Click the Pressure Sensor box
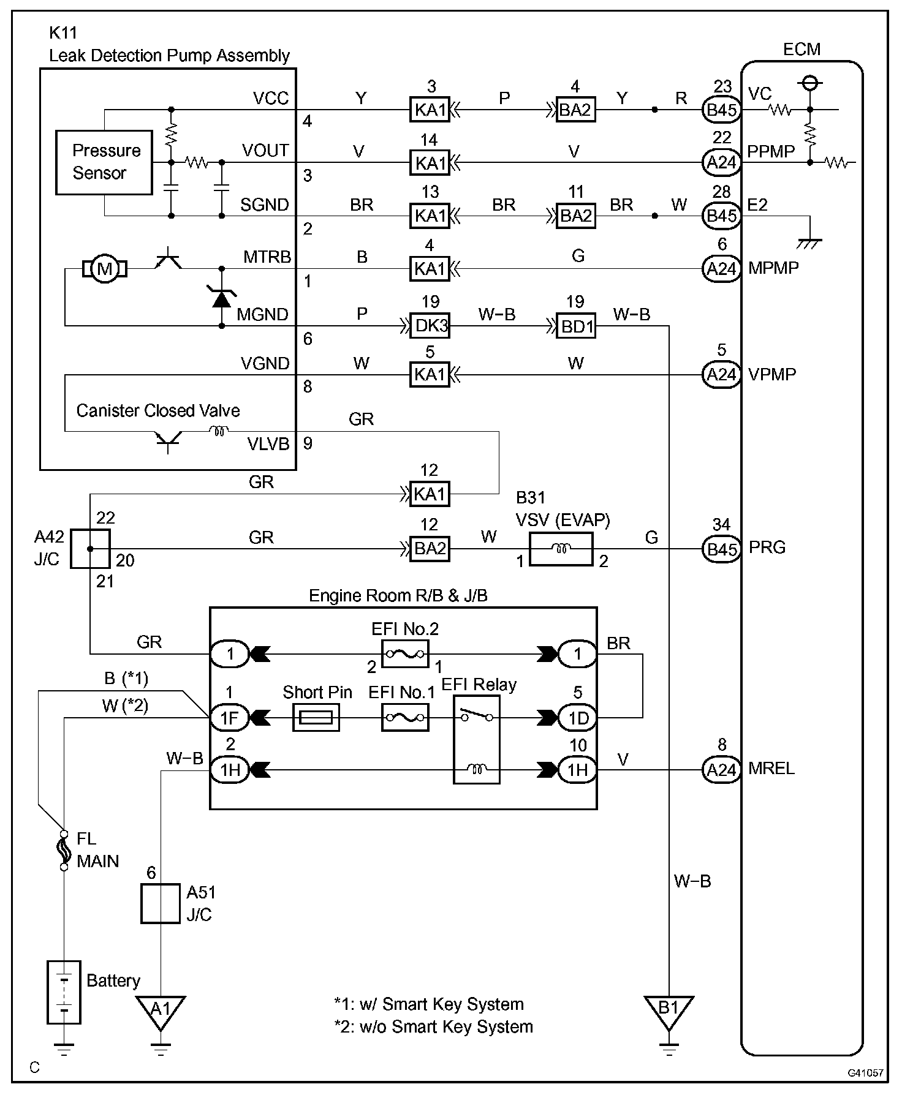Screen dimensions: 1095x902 [x=104, y=162]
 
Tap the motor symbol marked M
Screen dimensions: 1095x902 [x=105, y=269]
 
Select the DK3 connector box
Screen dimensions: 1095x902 [x=430, y=326]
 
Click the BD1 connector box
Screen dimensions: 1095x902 [x=575, y=326]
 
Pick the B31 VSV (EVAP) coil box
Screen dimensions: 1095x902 [x=560, y=549]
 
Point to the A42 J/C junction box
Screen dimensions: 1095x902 [x=90, y=549]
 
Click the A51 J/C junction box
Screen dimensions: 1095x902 [x=160, y=903]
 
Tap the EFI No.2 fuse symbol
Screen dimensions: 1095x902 [x=405, y=654]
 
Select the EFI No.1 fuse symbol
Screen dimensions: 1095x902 [x=405, y=717]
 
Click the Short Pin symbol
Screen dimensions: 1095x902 [x=316, y=717]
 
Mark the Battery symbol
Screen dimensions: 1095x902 [x=64, y=992]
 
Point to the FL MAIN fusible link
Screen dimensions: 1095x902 [x=64, y=850]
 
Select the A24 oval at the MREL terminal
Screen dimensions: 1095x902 [x=721, y=770]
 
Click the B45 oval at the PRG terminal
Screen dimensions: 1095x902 [x=721, y=549]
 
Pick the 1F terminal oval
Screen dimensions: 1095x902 [x=230, y=717]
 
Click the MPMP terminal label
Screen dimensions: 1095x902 [x=773, y=268]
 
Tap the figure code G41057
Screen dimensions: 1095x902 [x=865, y=1073]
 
